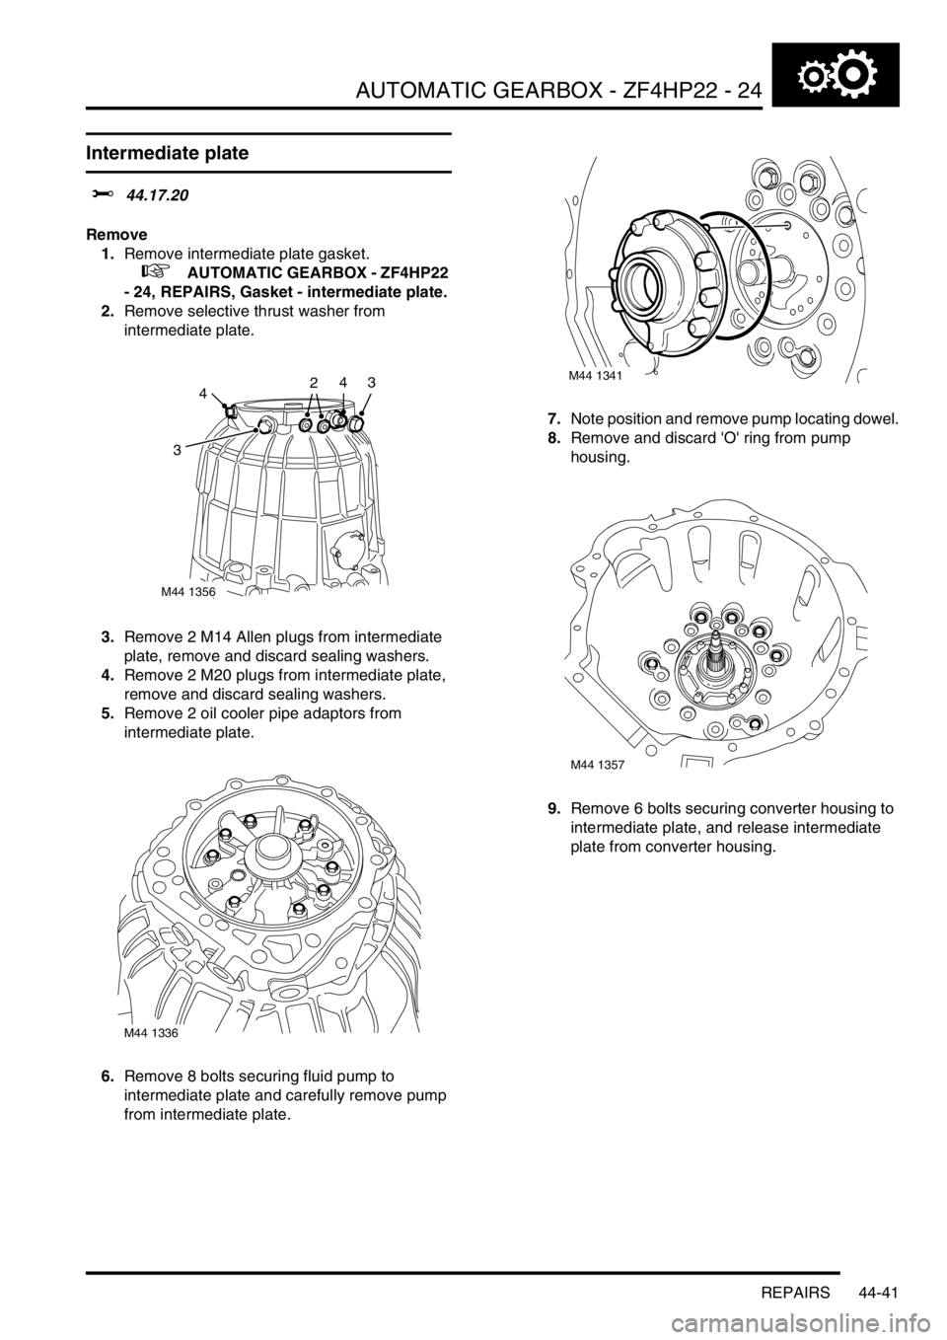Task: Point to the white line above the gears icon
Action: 836,41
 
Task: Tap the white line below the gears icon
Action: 836,109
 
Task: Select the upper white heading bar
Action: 268,129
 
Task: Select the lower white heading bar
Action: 268,176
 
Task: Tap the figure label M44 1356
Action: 188,592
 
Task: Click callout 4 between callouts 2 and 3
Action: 344,382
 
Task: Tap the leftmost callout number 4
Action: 204,394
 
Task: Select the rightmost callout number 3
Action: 372,382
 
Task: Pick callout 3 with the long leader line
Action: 178,450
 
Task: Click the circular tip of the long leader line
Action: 256,428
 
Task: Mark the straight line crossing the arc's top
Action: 750,224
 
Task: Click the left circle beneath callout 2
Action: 307,415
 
